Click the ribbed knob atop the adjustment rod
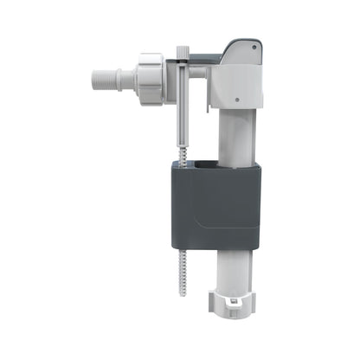(x=182, y=53)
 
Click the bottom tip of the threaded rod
(x=183, y=292)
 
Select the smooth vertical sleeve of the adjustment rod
(x=183, y=104)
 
